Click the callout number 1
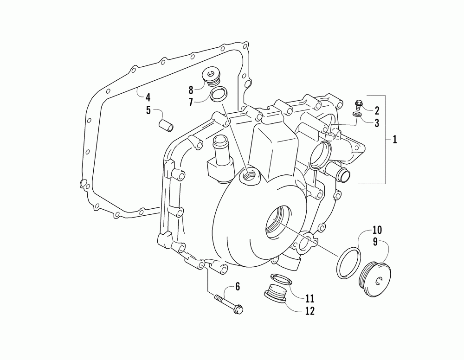pos(395,140)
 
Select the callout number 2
pos(377,110)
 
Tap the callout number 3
pos(377,123)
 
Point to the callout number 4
pos(148,98)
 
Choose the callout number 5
pos(148,110)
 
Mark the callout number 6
pos(237,287)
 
